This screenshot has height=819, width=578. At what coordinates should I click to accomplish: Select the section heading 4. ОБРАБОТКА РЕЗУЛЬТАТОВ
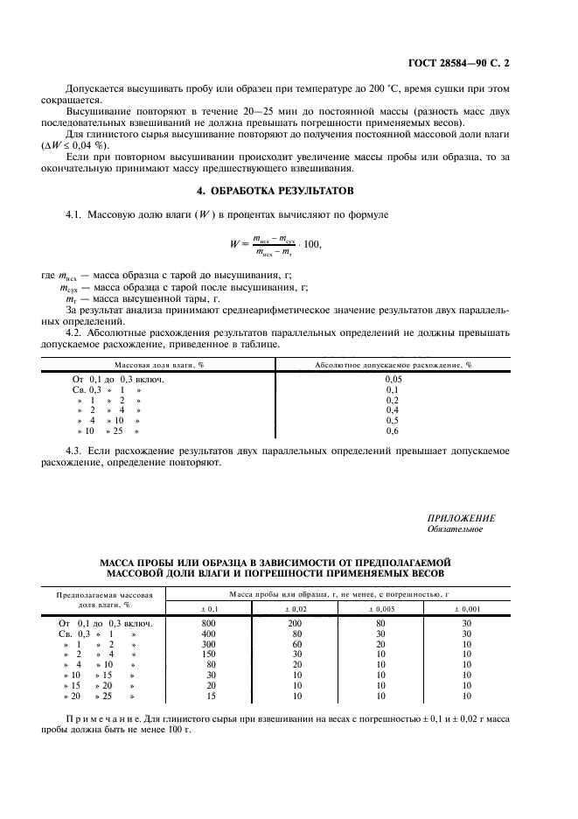(x=289, y=190)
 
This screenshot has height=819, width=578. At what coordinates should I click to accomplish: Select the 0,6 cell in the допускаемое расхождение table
(x=393, y=431)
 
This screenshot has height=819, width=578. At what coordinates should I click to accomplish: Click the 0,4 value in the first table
(x=393, y=410)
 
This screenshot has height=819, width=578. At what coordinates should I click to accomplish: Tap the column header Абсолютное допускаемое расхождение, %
(x=393, y=363)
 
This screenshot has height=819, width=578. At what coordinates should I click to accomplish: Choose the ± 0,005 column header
(x=380, y=607)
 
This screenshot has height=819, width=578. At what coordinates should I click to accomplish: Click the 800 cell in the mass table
(x=208, y=623)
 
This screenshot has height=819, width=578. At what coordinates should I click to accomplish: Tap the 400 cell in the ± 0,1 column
(x=208, y=633)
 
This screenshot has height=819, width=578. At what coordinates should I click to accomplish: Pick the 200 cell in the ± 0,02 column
(x=296, y=623)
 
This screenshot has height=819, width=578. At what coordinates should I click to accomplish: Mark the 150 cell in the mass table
(x=208, y=654)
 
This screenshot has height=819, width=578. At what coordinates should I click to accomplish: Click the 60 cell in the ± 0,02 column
(x=296, y=644)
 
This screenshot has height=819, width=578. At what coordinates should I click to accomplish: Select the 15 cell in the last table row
(x=208, y=696)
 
